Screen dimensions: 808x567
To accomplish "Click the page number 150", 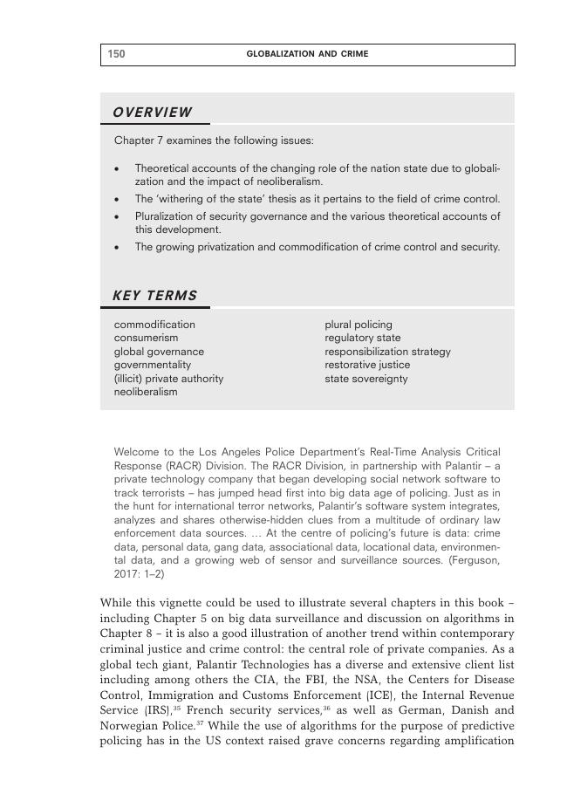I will click(116, 54).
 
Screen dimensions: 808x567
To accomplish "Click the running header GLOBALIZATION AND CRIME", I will click(307, 54).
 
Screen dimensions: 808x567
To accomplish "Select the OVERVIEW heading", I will click(153, 113).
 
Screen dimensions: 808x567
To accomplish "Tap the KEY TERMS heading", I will click(155, 296).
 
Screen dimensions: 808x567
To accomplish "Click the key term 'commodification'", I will click(154, 325).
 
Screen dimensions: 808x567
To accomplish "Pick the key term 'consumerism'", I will click(146, 338).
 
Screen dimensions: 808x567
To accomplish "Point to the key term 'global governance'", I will click(159, 352).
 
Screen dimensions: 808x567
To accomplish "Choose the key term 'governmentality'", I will click(153, 365).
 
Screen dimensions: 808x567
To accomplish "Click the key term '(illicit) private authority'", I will click(168, 379).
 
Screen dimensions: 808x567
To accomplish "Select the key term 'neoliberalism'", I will click(146, 392).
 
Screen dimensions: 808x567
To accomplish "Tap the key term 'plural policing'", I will click(359, 325).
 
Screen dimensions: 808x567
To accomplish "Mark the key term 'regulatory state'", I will click(363, 338).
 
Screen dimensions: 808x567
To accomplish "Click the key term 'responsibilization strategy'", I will click(387, 352).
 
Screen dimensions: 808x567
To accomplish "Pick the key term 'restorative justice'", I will click(367, 365).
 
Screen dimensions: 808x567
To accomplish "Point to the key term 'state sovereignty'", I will click(366, 379).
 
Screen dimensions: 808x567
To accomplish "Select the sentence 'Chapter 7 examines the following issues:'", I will click(214, 140).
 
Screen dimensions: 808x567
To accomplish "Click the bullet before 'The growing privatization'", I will click(117, 247).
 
